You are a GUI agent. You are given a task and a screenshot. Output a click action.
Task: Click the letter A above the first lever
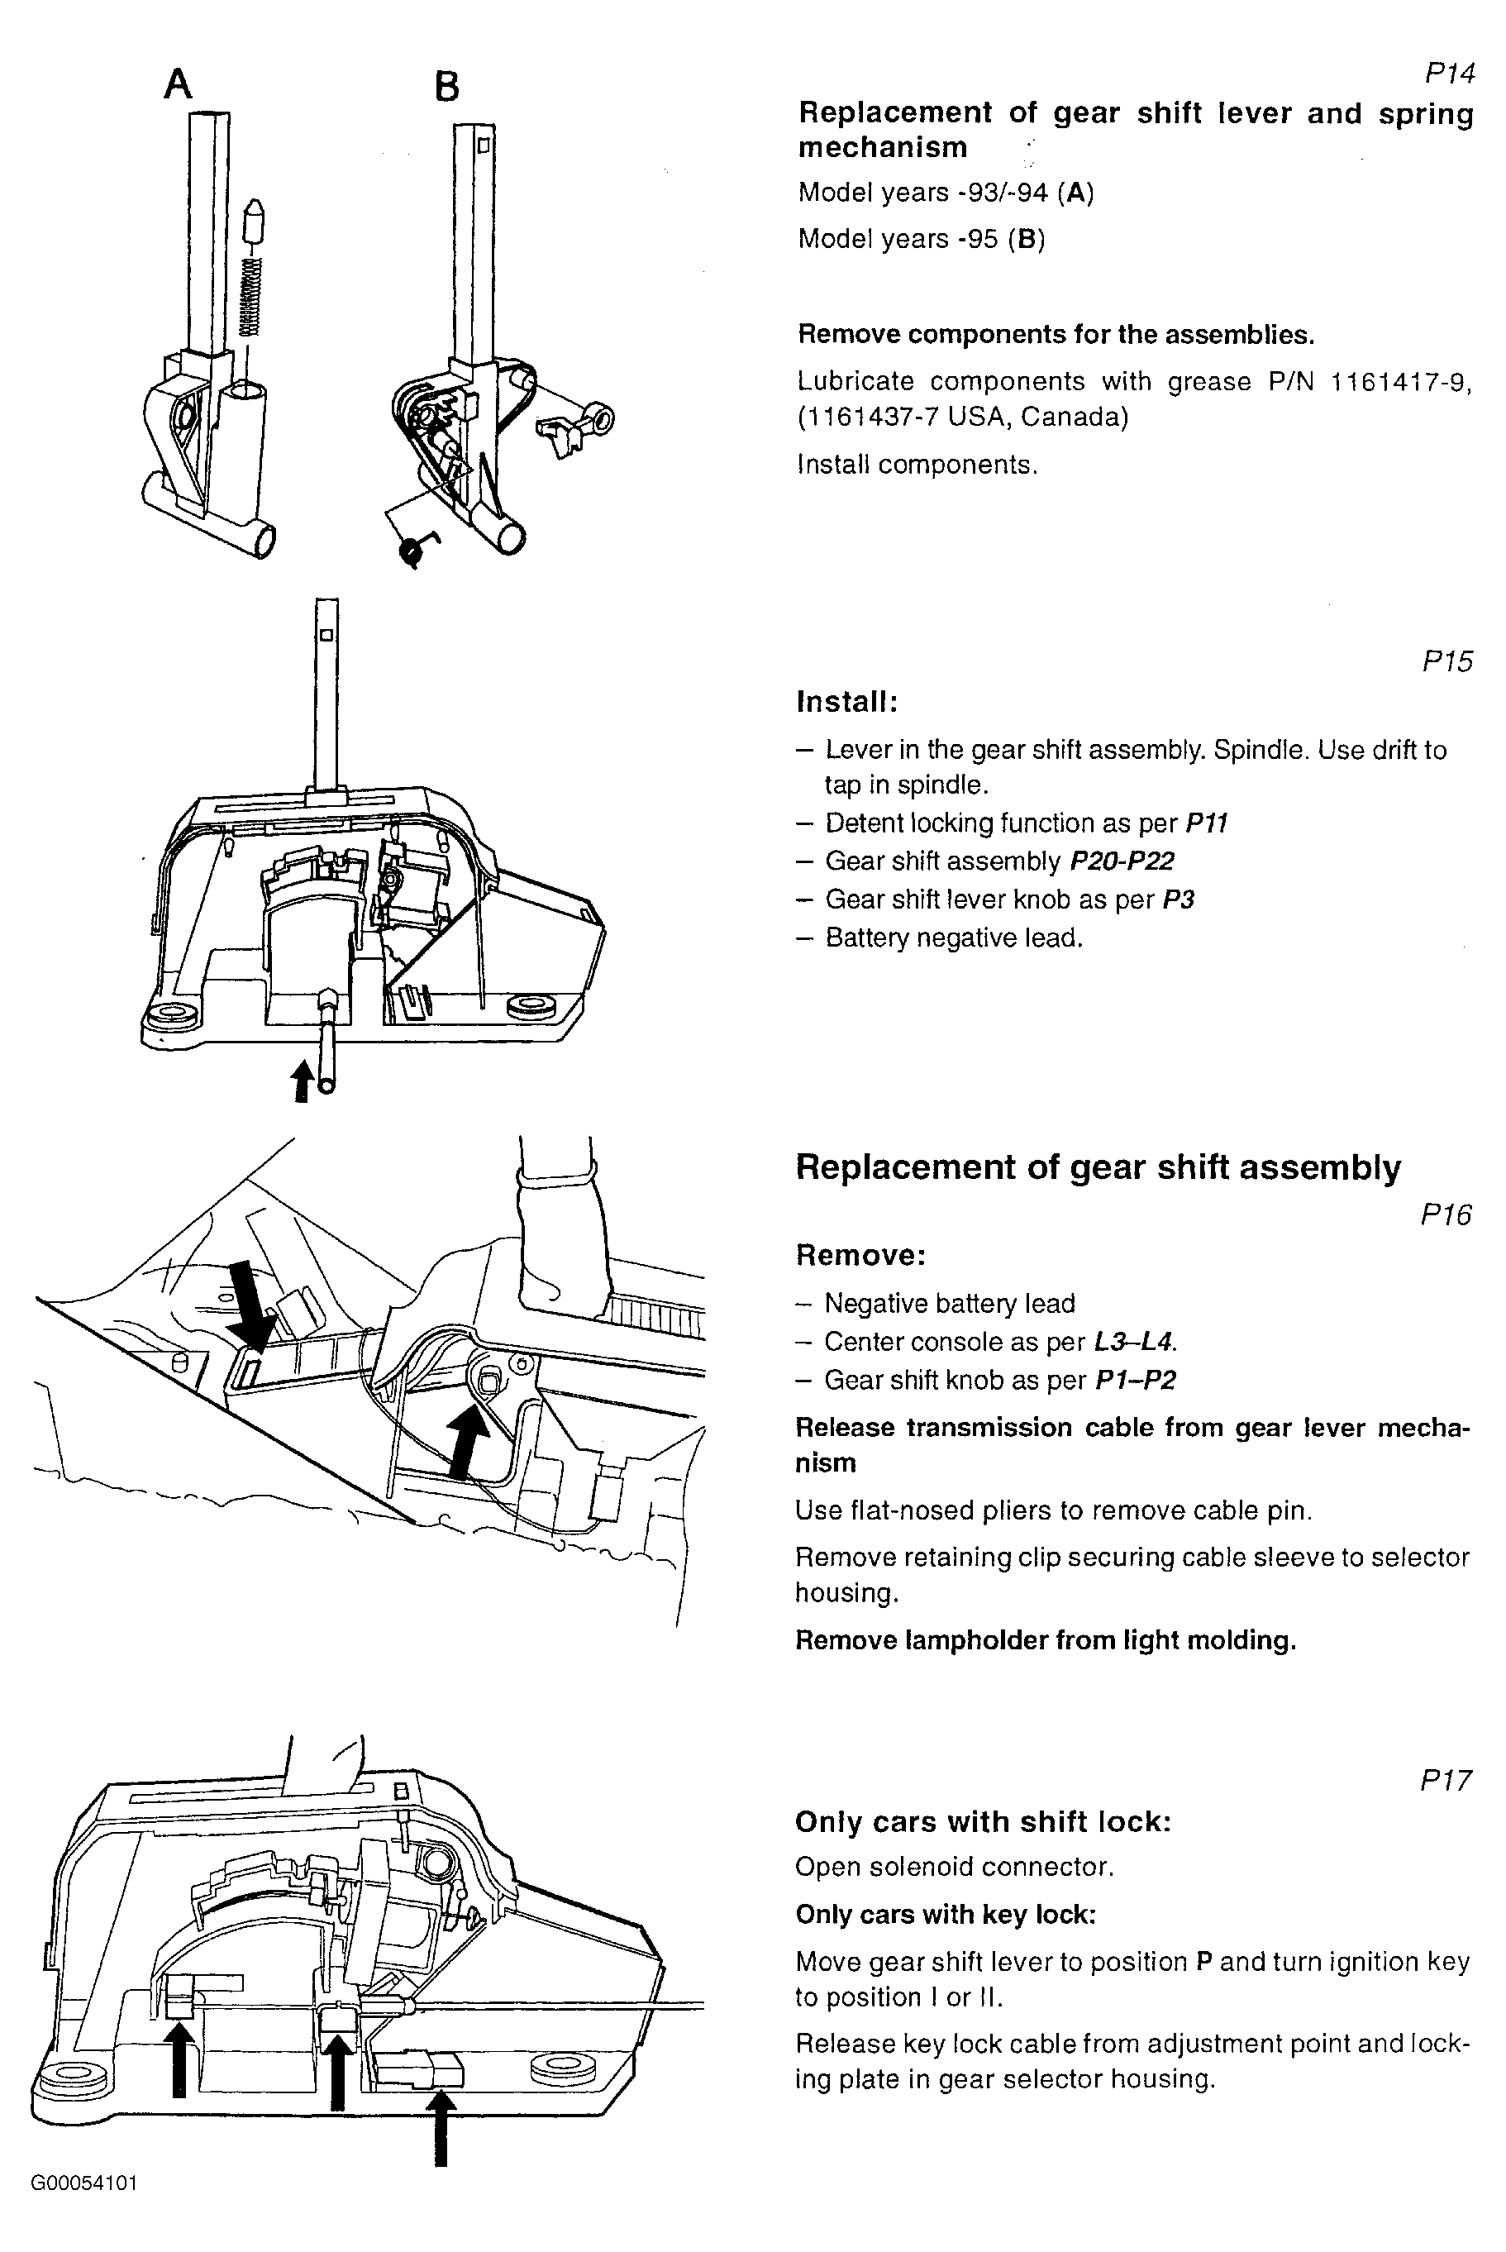pos(178,84)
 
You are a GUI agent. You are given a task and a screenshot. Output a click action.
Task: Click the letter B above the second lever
pos(446,88)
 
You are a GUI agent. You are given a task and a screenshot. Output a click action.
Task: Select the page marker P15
pos(1446,661)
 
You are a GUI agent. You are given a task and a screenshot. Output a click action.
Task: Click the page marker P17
pos(1446,1782)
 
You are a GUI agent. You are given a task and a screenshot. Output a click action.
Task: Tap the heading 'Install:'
pos(847,702)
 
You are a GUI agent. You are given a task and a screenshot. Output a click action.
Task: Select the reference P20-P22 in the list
pos(1122,861)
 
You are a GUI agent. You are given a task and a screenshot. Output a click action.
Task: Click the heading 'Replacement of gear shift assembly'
pos(1098,1167)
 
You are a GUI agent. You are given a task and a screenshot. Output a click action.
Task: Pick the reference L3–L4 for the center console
pos(1134,1342)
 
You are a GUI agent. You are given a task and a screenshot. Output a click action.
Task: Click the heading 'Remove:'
pos(860,1255)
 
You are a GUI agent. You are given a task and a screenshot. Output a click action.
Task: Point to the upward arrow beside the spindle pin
pos(303,1080)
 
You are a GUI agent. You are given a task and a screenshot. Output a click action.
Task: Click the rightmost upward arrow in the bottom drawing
pos(441,2127)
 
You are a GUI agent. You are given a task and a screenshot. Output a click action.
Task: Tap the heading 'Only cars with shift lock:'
pos(983,1822)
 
